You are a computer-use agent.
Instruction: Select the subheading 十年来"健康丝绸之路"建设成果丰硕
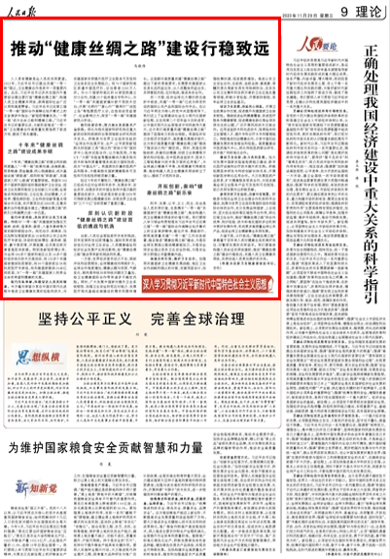48,149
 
